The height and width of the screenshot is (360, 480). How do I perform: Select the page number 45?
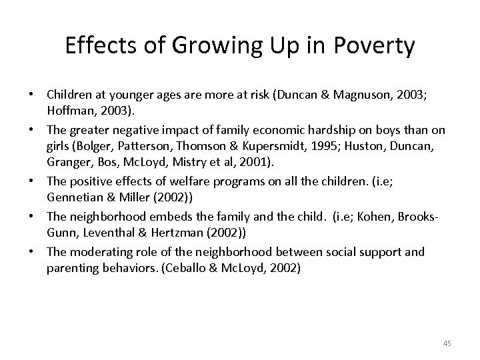point(447,343)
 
